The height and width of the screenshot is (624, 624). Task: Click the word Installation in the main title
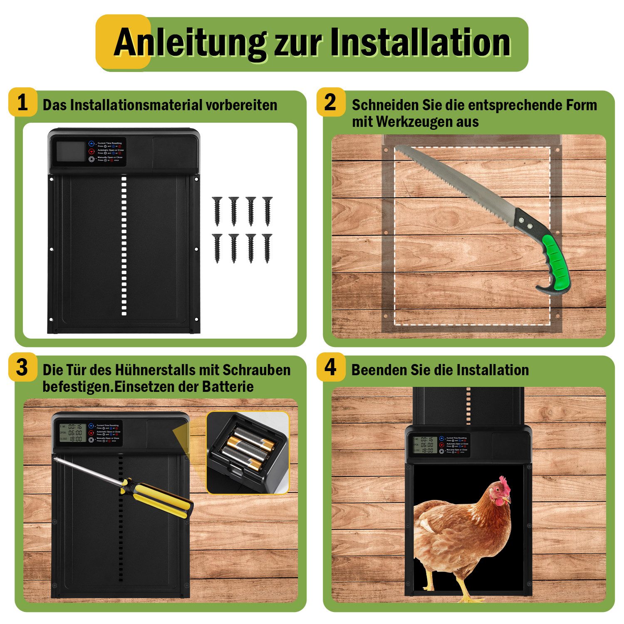(x=421, y=43)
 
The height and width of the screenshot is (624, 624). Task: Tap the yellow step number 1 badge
(x=22, y=102)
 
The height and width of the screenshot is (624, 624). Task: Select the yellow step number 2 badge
(x=330, y=102)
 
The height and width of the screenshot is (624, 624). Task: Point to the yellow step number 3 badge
(x=22, y=368)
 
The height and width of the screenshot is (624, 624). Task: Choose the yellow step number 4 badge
(x=330, y=368)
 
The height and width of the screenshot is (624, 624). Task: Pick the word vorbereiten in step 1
(x=241, y=105)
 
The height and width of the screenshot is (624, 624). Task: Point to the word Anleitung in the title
(x=189, y=43)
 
